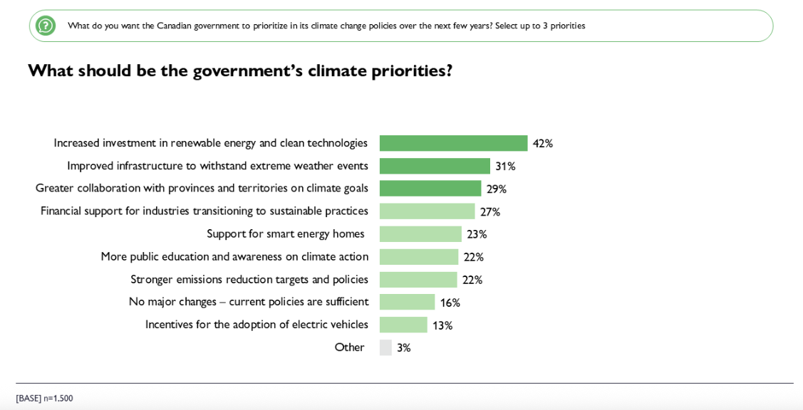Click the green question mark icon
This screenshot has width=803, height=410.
(x=46, y=26)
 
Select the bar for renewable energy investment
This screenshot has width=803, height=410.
(x=453, y=143)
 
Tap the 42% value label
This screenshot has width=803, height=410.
(x=542, y=143)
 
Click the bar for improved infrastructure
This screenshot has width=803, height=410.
(x=435, y=166)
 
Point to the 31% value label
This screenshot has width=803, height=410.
(x=505, y=166)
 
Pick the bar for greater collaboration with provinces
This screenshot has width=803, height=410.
(x=430, y=189)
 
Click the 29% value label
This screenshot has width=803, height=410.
(x=496, y=189)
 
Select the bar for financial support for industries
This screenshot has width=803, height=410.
(x=427, y=211)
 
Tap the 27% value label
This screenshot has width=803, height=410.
(x=489, y=211)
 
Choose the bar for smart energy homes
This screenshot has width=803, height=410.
(x=420, y=234)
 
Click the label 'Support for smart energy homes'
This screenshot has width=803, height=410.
(x=285, y=233)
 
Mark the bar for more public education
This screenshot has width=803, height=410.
(x=419, y=257)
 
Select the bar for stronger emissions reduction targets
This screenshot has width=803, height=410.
(x=418, y=280)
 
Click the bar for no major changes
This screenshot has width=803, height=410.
(x=407, y=302)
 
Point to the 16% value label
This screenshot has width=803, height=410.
(x=450, y=303)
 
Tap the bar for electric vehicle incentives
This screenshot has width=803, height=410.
(x=403, y=325)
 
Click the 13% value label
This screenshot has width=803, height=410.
(x=442, y=325)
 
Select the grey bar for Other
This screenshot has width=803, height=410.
(x=385, y=347)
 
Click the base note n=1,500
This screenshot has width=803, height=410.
(x=44, y=399)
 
